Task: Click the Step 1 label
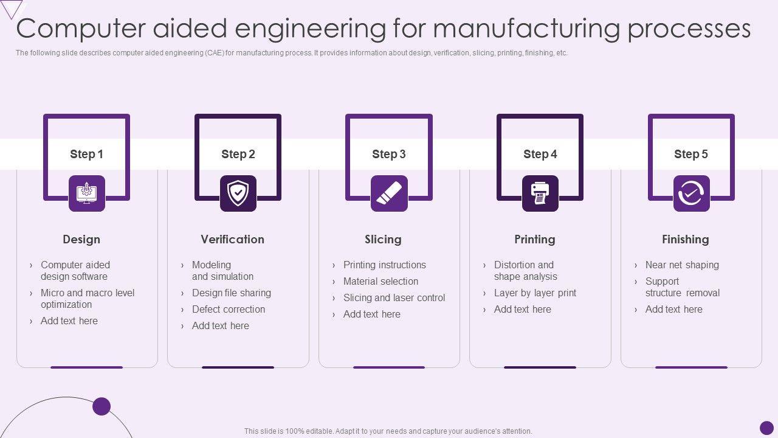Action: (86, 154)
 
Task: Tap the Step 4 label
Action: (540, 154)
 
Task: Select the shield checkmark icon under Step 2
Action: (238, 193)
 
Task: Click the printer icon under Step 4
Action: (540, 193)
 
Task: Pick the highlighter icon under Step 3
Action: (389, 193)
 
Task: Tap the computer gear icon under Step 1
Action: (86, 193)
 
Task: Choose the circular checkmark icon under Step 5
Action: (691, 193)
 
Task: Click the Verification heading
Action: (232, 239)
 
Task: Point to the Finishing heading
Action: (685, 239)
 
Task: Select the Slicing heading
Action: (383, 239)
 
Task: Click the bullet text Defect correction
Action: (229, 309)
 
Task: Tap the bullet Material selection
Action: (380, 281)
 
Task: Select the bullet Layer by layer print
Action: (535, 293)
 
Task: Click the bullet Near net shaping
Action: (682, 265)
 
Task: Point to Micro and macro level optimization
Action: (87, 298)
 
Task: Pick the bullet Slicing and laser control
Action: (394, 297)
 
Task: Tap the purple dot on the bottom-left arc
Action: (102, 406)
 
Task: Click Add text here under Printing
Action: (522, 309)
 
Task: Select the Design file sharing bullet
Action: (231, 293)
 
